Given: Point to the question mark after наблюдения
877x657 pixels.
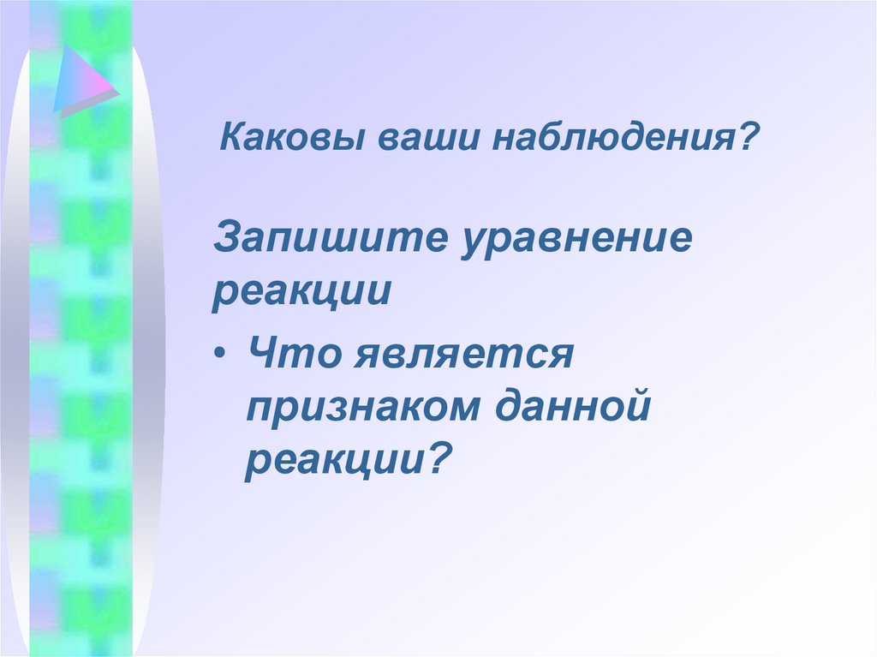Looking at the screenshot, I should click(751, 137).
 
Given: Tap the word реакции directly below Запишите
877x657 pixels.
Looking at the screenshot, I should click(301, 291).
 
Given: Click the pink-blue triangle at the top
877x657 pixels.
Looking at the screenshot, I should click(81, 80).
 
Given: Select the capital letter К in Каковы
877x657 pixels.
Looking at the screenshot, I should click(232, 138).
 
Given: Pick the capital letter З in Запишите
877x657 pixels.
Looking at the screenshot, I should click(225, 238).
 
